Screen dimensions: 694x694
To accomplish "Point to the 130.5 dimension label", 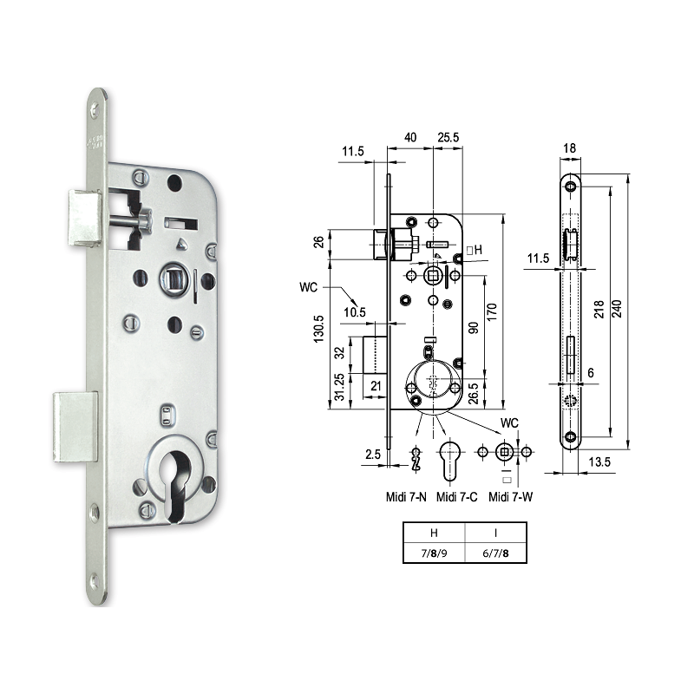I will point(319,331).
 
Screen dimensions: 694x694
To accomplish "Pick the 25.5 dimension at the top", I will point(448,137).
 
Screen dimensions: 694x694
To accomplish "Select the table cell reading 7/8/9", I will point(434,552).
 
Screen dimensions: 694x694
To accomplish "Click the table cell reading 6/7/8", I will point(496,552).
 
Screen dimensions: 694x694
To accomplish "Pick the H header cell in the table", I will point(434,532).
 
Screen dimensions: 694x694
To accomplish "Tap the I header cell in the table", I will point(496,532).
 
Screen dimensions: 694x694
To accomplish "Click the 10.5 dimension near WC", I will point(353,311).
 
